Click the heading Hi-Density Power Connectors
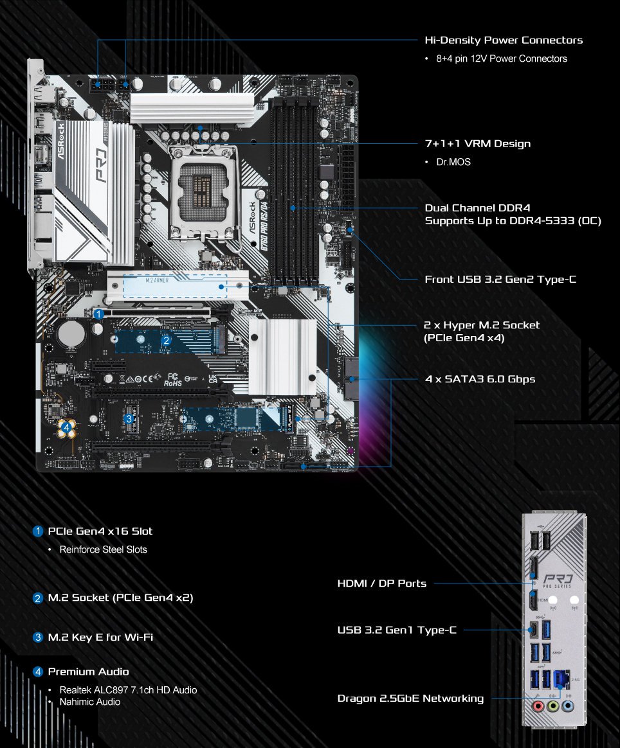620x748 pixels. tap(504, 40)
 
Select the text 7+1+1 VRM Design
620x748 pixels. tap(478, 143)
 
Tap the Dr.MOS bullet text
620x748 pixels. tap(453, 162)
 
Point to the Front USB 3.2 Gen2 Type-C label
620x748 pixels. tap(500, 280)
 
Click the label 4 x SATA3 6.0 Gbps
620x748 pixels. tap(480, 379)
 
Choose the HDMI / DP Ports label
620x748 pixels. tap(381, 583)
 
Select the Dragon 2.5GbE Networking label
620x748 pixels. tap(410, 698)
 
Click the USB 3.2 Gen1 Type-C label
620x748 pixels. tap(397, 630)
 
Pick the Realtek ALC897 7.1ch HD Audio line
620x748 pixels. tap(128, 690)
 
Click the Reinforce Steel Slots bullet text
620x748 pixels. tap(103, 549)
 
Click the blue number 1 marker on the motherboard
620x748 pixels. tap(98, 314)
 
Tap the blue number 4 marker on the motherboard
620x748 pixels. tap(67, 428)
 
